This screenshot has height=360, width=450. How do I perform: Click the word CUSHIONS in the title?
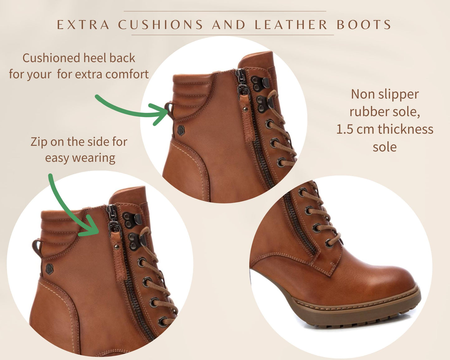[161, 25]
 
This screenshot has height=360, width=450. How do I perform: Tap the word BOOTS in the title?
[364, 25]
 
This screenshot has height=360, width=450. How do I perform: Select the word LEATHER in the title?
[291, 25]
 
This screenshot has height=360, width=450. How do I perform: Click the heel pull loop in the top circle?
[169, 110]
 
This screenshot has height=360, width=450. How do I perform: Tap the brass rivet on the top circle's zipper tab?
[245, 109]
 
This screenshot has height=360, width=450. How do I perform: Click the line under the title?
[233, 35]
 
